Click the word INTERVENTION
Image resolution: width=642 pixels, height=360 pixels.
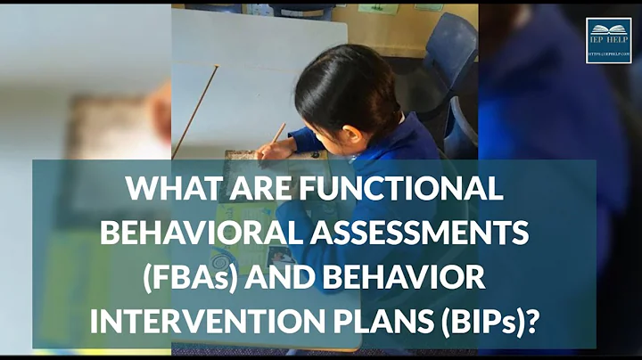(197, 320)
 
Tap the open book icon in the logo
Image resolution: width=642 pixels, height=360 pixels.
(608, 30)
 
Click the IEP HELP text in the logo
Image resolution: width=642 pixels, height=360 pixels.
(608, 45)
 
